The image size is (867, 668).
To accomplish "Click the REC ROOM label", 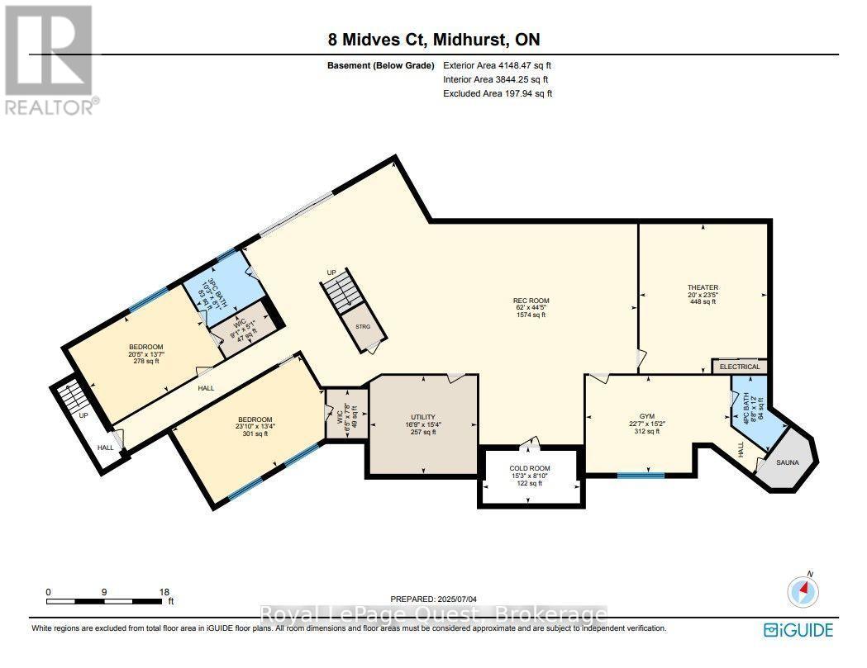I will [531, 308].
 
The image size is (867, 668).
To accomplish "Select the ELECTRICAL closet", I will [740, 367].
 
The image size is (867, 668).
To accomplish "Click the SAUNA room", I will [788, 462].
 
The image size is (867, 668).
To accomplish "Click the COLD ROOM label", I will [530, 476].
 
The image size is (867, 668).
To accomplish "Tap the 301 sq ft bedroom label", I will [255, 426].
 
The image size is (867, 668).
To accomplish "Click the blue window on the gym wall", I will [641, 475].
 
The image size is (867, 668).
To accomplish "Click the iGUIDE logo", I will [798, 630].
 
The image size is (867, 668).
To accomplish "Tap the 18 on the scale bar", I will [164, 592].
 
